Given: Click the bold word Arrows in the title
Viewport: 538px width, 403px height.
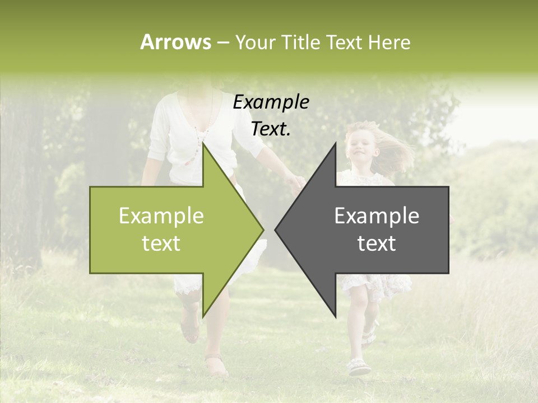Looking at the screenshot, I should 175,43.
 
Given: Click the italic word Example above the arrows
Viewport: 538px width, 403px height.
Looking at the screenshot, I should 271,102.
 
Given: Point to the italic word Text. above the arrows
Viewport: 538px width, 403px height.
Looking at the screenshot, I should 271,129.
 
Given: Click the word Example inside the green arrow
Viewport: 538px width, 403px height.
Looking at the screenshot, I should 161,216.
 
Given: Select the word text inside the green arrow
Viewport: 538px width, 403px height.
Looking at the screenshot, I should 161,243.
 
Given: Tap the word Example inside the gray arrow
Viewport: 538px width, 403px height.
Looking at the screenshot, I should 377,216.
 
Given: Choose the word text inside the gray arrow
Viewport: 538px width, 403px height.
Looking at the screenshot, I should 377,243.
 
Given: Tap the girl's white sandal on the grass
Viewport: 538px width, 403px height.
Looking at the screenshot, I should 358,367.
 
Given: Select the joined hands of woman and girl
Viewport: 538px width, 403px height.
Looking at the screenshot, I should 295,182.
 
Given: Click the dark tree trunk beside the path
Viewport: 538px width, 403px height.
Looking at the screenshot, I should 22,185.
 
